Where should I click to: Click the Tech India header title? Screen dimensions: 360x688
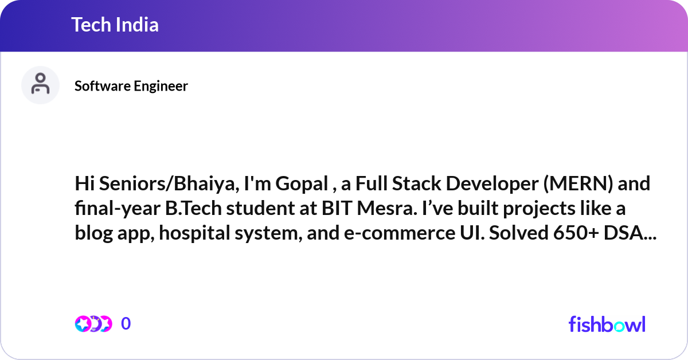(x=115, y=25)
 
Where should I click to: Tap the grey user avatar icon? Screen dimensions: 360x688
(x=40, y=85)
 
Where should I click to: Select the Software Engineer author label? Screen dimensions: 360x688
(x=131, y=86)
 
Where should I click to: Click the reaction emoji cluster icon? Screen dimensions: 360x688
(x=93, y=324)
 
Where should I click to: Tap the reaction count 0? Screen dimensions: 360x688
(x=126, y=324)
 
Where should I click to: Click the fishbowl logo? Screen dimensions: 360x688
(x=607, y=324)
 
